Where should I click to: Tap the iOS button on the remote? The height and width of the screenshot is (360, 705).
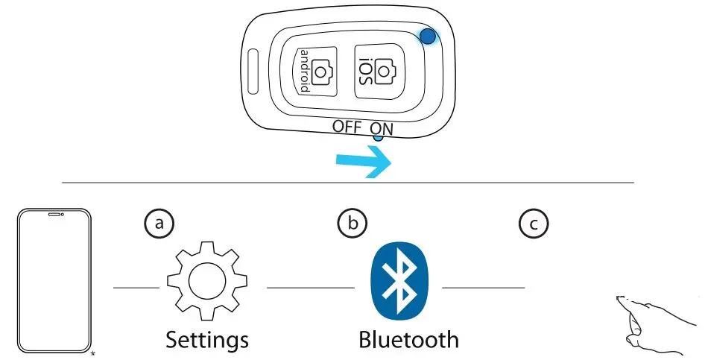tap(376, 72)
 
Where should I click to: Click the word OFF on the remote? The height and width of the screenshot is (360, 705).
tap(347, 127)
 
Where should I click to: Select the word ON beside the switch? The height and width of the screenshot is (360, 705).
tap(382, 127)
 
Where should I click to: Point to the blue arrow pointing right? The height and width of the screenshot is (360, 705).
tap(363, 161)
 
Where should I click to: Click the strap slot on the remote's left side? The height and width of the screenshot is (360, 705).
tap(253, 72)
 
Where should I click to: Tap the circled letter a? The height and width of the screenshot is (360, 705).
tap(158, 224)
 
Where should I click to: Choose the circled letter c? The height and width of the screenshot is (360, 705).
tap(534, 224)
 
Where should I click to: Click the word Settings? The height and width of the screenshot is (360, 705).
tap(207, 340)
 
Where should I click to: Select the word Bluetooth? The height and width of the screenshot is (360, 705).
tap(408, 340)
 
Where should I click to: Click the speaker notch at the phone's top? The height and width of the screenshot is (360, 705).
tap(54, 215)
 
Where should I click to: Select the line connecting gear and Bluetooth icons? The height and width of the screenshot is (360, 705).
tap(310, 287)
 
